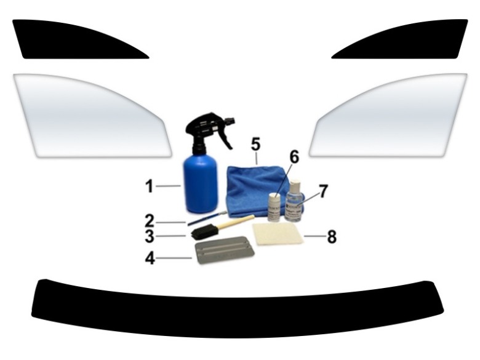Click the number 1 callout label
pos(150,185)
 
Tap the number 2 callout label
pos(150,220)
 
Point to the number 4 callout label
pos(150,258)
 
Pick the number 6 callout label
pos(294,157)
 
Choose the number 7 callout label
pos(324,191)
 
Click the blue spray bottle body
pos(201,183)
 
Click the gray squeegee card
pos(225,252)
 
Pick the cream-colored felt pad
pos(278,234)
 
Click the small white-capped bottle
pos(274,207)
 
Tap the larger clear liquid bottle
pos(295,203)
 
